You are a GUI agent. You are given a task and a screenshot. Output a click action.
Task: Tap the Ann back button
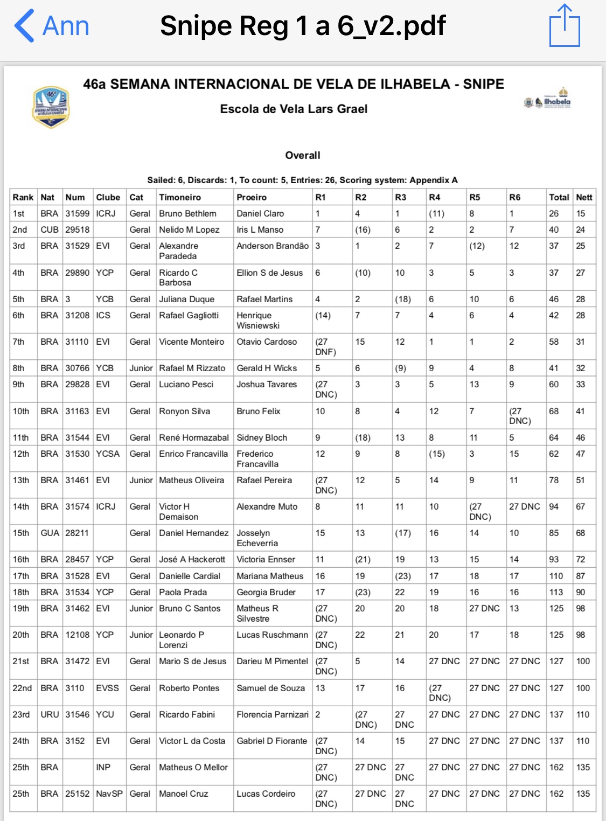(52, 25)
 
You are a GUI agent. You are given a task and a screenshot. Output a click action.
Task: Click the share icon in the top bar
(565, 25)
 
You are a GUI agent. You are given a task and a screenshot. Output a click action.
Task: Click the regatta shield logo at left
(51, 107)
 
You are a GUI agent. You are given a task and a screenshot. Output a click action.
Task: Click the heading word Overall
(303, 155)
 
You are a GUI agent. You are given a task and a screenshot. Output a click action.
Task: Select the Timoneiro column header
(180, 197)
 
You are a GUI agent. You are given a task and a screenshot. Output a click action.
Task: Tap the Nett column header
(584, 197)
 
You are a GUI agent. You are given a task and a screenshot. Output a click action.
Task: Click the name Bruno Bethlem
(187, 213)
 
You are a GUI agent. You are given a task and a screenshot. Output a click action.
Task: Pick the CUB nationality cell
(50, 229)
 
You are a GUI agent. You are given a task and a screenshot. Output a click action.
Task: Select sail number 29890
(77, 273)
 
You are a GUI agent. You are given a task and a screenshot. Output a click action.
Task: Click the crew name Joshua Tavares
(267, 384)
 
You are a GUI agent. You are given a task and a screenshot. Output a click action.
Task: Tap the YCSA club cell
(108, 454)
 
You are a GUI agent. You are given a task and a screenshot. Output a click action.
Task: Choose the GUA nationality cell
(50, 533)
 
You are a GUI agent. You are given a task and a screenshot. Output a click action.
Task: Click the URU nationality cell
(50, 714)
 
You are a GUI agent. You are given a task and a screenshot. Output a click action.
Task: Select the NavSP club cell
(109, 794)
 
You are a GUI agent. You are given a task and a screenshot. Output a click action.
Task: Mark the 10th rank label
(21, 411)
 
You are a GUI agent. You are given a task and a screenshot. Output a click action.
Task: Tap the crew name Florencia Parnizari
(273, 714)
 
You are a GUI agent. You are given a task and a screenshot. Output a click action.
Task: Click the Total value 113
(556, 592)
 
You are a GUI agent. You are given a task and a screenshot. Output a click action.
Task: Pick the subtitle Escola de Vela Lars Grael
(294, 109)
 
